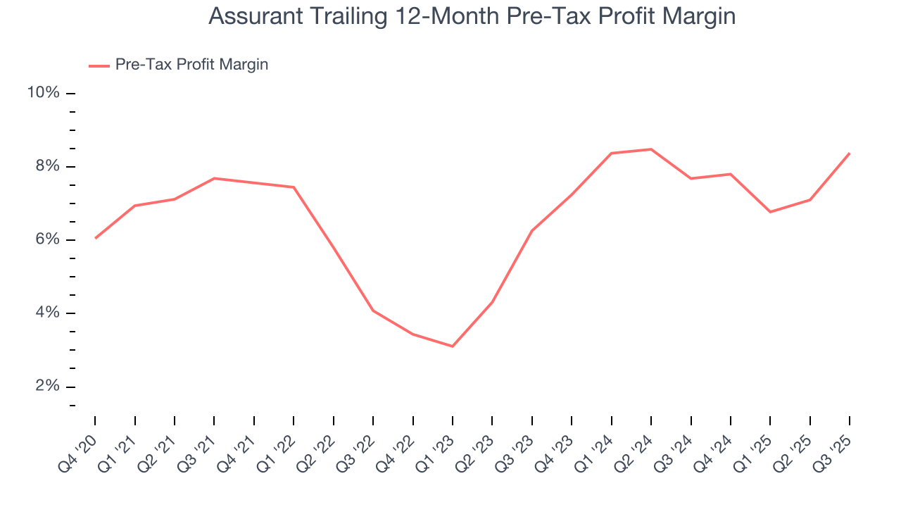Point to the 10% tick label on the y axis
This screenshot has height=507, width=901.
(x=43, y=94)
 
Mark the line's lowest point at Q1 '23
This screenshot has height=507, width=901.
(x=453, y=346)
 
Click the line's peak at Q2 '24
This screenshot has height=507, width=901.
(x=651, y=149)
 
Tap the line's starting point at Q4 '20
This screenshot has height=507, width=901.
(x=95, y=238)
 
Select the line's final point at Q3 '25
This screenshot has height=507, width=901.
(x=850, y=153)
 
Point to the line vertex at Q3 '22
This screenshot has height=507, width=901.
(x=373, y=311)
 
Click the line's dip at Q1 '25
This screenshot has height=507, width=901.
(x=770, y=212)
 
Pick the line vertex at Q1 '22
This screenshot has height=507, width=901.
(x=294, y=187)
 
